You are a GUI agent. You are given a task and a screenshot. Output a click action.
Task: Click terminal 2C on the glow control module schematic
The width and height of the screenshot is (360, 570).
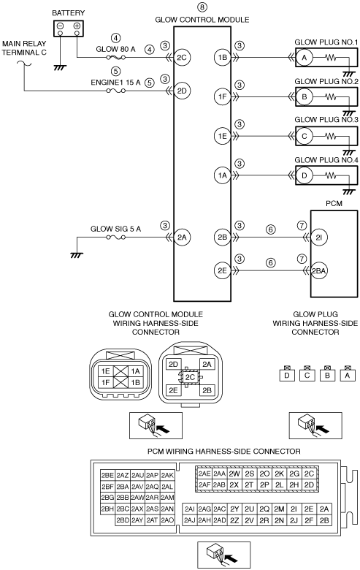click(182, 58)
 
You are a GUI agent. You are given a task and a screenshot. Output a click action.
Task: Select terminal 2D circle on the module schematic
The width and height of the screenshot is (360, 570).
click(182, 91)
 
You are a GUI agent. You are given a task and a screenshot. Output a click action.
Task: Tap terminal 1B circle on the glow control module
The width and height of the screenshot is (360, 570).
click(222, 58)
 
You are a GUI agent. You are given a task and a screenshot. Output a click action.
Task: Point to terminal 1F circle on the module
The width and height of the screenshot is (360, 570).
click(222, 96)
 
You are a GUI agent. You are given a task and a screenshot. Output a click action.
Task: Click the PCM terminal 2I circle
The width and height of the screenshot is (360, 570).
click(319, 237)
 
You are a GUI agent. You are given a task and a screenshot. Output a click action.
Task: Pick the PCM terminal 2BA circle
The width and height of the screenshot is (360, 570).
click(319, 271)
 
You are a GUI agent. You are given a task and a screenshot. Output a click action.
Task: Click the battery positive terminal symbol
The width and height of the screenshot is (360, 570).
click(77, 26)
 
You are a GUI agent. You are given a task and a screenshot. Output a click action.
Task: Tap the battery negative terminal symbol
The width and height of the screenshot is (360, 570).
click(61, 26)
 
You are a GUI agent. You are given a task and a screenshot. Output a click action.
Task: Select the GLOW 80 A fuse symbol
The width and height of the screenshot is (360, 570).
click(116, 58)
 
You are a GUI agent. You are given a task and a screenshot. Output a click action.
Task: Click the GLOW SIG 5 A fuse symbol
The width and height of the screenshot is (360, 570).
click(116, 237)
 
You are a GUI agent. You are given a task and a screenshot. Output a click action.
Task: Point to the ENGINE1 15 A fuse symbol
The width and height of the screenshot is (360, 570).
click(116, 91)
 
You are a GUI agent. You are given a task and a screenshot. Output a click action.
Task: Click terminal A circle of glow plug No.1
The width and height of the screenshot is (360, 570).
click(305, 58)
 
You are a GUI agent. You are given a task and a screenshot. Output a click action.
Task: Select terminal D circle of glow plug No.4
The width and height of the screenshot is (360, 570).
click(305, 175)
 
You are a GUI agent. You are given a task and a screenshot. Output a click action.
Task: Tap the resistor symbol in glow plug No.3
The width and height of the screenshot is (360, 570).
click(331, 137)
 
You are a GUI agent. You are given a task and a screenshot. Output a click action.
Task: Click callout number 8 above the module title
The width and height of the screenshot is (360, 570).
click(202, 7)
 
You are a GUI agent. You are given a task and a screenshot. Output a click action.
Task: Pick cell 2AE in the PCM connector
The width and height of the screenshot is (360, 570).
click(204, 474)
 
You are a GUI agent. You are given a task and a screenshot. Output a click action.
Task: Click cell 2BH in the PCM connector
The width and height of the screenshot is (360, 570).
click(107, 509)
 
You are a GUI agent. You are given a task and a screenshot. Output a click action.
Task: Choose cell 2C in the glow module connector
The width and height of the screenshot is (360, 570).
click(190, 377)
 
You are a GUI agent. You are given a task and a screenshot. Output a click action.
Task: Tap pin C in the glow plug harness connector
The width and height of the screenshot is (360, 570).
click(307, 375)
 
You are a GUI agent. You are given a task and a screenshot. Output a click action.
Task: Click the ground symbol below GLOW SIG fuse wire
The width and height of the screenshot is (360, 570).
click(77, 255)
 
